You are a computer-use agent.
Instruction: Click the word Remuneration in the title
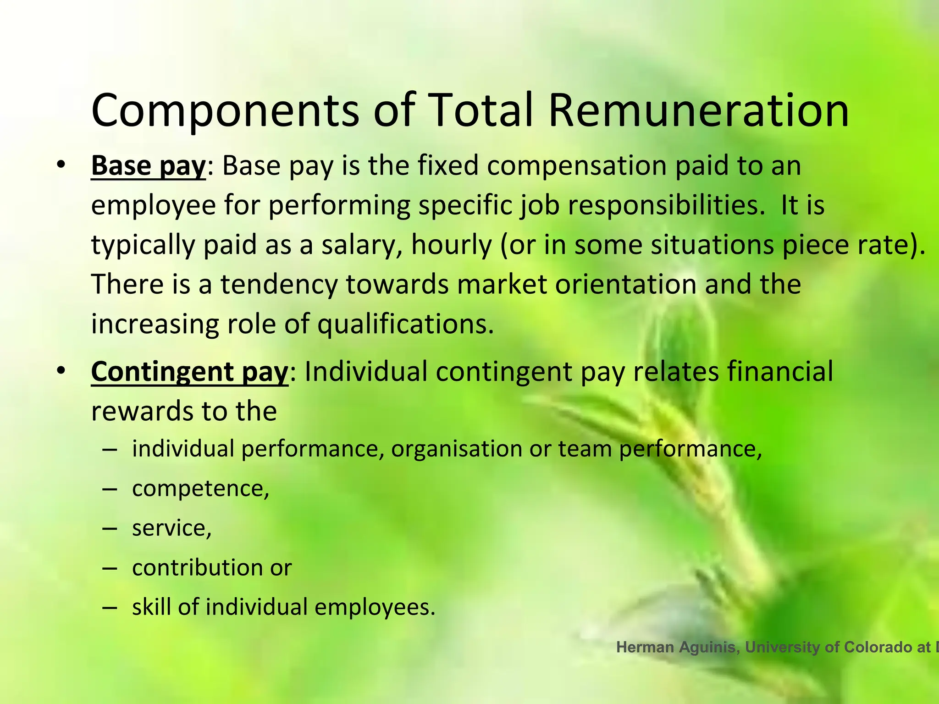(x=698, y=111)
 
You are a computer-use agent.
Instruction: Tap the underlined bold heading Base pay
(x=148, y=166)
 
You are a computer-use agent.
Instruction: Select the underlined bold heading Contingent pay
(x=189, y=372)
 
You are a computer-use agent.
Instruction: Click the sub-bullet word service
(x=171, y=528)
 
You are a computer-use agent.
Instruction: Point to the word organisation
(x=456, y=449)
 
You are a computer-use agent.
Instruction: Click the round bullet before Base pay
(x=61, y=165)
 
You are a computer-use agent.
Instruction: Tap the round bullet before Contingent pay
(x=61, y=371)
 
